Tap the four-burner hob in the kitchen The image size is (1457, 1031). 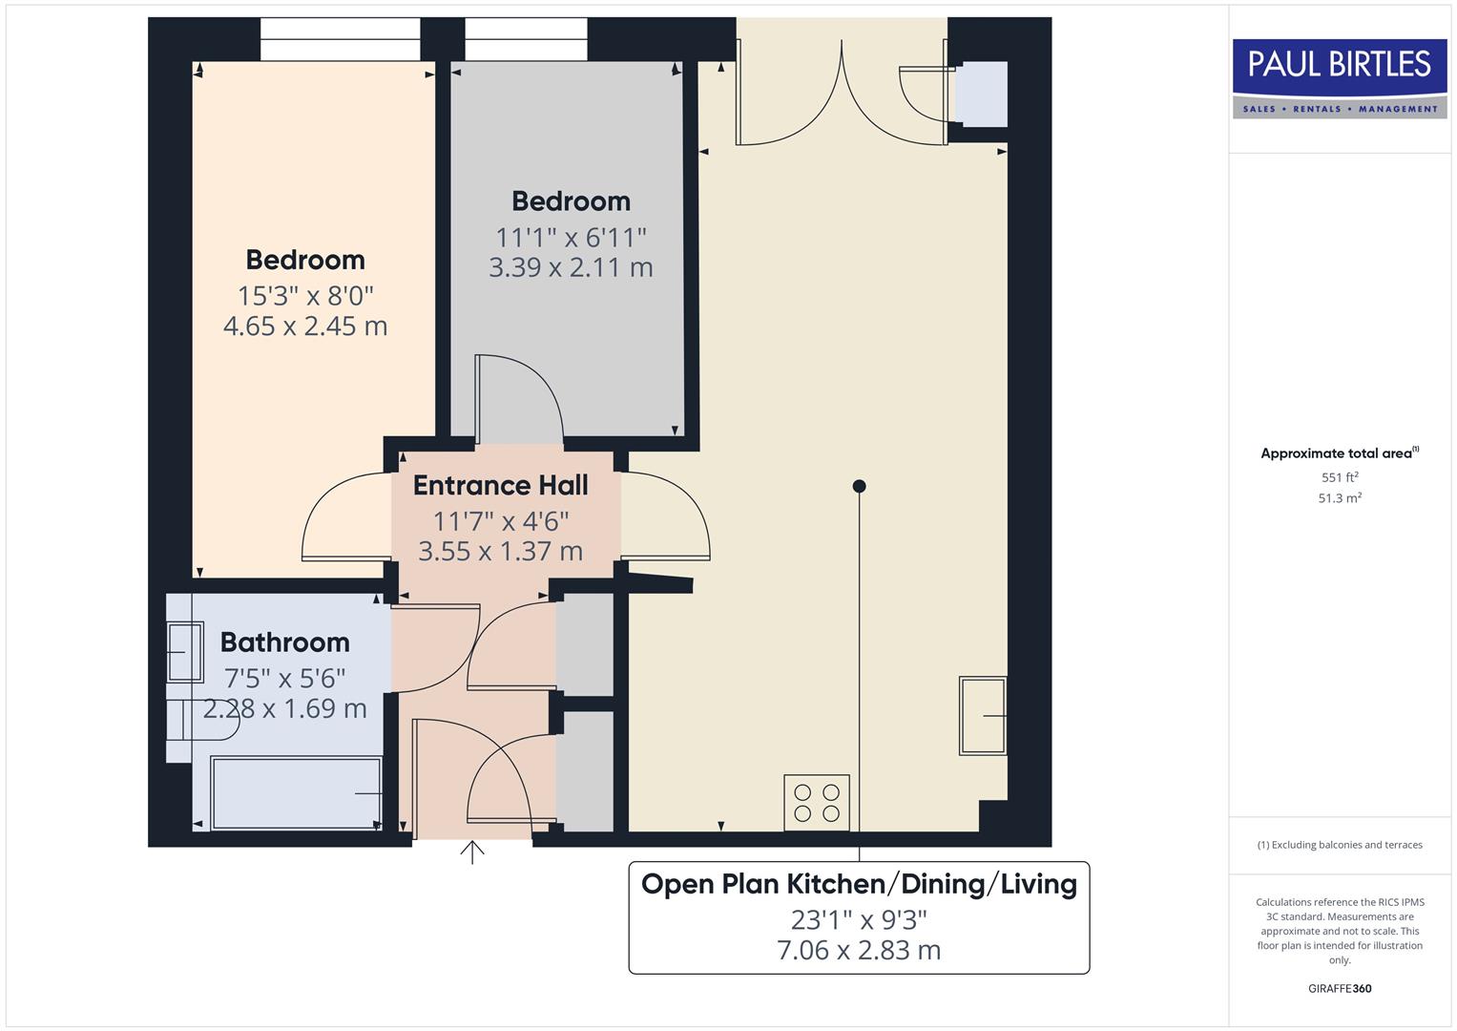pos(816,802)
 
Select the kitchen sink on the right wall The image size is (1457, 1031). pos(983,715)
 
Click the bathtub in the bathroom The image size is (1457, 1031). pos(297,793)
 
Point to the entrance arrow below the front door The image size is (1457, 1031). pos(472,852)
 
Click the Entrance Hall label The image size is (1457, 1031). pos(500,485)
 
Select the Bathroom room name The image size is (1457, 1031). pos(284,642)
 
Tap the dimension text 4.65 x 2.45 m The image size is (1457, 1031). pos(305,326)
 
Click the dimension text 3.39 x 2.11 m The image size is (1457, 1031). pos(571,267)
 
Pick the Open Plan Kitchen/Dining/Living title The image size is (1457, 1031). pos(859,884)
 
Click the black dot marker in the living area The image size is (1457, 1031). pos(859,486)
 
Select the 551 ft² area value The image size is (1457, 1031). pos(1340,477)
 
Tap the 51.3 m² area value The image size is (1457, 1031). pos(1340,498)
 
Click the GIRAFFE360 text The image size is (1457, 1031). pos(1340,988)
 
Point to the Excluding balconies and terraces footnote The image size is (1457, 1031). pos(1340,845)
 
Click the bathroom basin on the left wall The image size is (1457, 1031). pos(185,652)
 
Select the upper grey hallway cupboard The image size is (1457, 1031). pos(585,645)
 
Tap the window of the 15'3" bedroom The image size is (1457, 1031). pos(340,39)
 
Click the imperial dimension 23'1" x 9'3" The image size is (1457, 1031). pos(859,919)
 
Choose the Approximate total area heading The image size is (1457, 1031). pos(1339,453)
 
